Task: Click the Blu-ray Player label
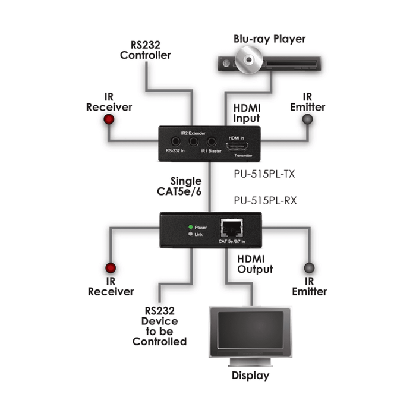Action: (x=269, y=39)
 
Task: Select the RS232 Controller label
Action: (x=146, y=50)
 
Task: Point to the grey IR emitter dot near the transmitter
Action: (x=307, y=119)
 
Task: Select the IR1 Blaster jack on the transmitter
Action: (x=211, y=143)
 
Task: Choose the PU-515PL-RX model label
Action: (x=263, y=200)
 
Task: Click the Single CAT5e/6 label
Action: (x=186, y=185)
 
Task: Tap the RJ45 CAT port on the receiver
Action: (x=230, y=227)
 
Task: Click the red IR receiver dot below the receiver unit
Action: (x=109, y=267)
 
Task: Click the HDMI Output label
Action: (x=255, y=264)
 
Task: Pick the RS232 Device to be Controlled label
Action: (x=159, y=326)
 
